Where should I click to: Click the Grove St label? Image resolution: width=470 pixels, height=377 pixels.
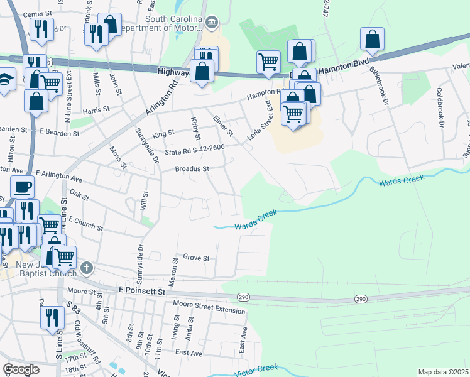point(196,258)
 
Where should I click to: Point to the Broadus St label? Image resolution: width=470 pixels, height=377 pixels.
point(192,169)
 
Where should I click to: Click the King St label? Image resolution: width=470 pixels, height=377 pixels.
point(163,133)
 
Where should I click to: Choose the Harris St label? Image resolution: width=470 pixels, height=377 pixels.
point(96,109)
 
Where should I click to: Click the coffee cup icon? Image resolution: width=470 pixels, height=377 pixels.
point(23,187)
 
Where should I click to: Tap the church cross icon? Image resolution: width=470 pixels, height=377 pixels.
point(87,268)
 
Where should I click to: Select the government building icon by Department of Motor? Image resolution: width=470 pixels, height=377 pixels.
point(212,24)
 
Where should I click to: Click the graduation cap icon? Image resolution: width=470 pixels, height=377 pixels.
point(5,80)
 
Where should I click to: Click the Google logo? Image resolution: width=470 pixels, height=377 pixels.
point(21,369)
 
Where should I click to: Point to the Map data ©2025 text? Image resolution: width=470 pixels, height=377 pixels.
point(443,372)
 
